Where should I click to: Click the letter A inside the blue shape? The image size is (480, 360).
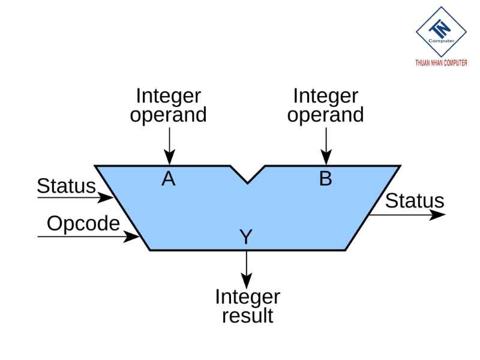169,179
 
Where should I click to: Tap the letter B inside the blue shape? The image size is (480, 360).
325,179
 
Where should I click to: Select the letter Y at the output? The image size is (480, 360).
246,237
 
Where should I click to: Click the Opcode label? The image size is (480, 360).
83,224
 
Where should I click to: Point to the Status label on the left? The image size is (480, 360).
66,186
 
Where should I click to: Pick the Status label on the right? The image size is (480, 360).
415,201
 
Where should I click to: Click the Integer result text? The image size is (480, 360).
247,306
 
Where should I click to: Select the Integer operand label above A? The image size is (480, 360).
169,105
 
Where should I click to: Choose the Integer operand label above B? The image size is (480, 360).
325,105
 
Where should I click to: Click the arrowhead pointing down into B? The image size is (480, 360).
326,159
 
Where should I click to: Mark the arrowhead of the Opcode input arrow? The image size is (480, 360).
133,237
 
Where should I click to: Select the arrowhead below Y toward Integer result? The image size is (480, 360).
246,280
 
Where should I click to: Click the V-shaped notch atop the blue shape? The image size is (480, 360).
247,175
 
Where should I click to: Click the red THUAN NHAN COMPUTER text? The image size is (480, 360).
441,63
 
